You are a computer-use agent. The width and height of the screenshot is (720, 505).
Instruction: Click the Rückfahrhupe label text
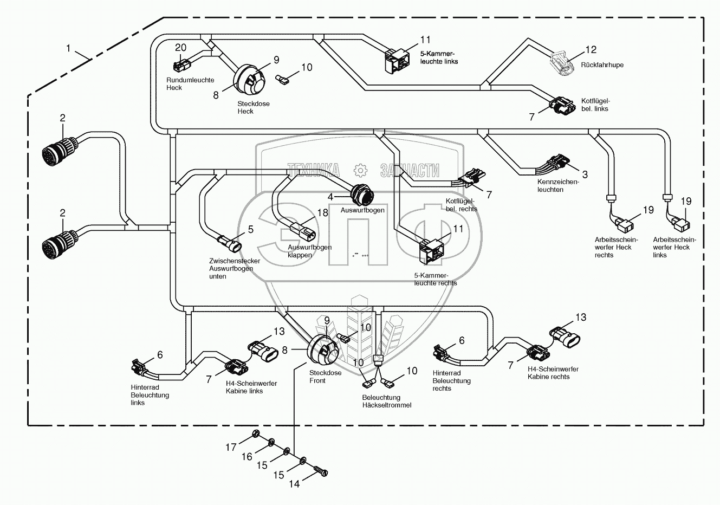[x=602, y=65]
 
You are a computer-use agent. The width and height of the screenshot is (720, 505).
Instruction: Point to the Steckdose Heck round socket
[x=249, y=80]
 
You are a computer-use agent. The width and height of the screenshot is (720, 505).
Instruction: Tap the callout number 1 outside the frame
[x=69, y=49]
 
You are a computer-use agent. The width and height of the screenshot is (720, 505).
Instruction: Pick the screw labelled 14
[x=322, y=472]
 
